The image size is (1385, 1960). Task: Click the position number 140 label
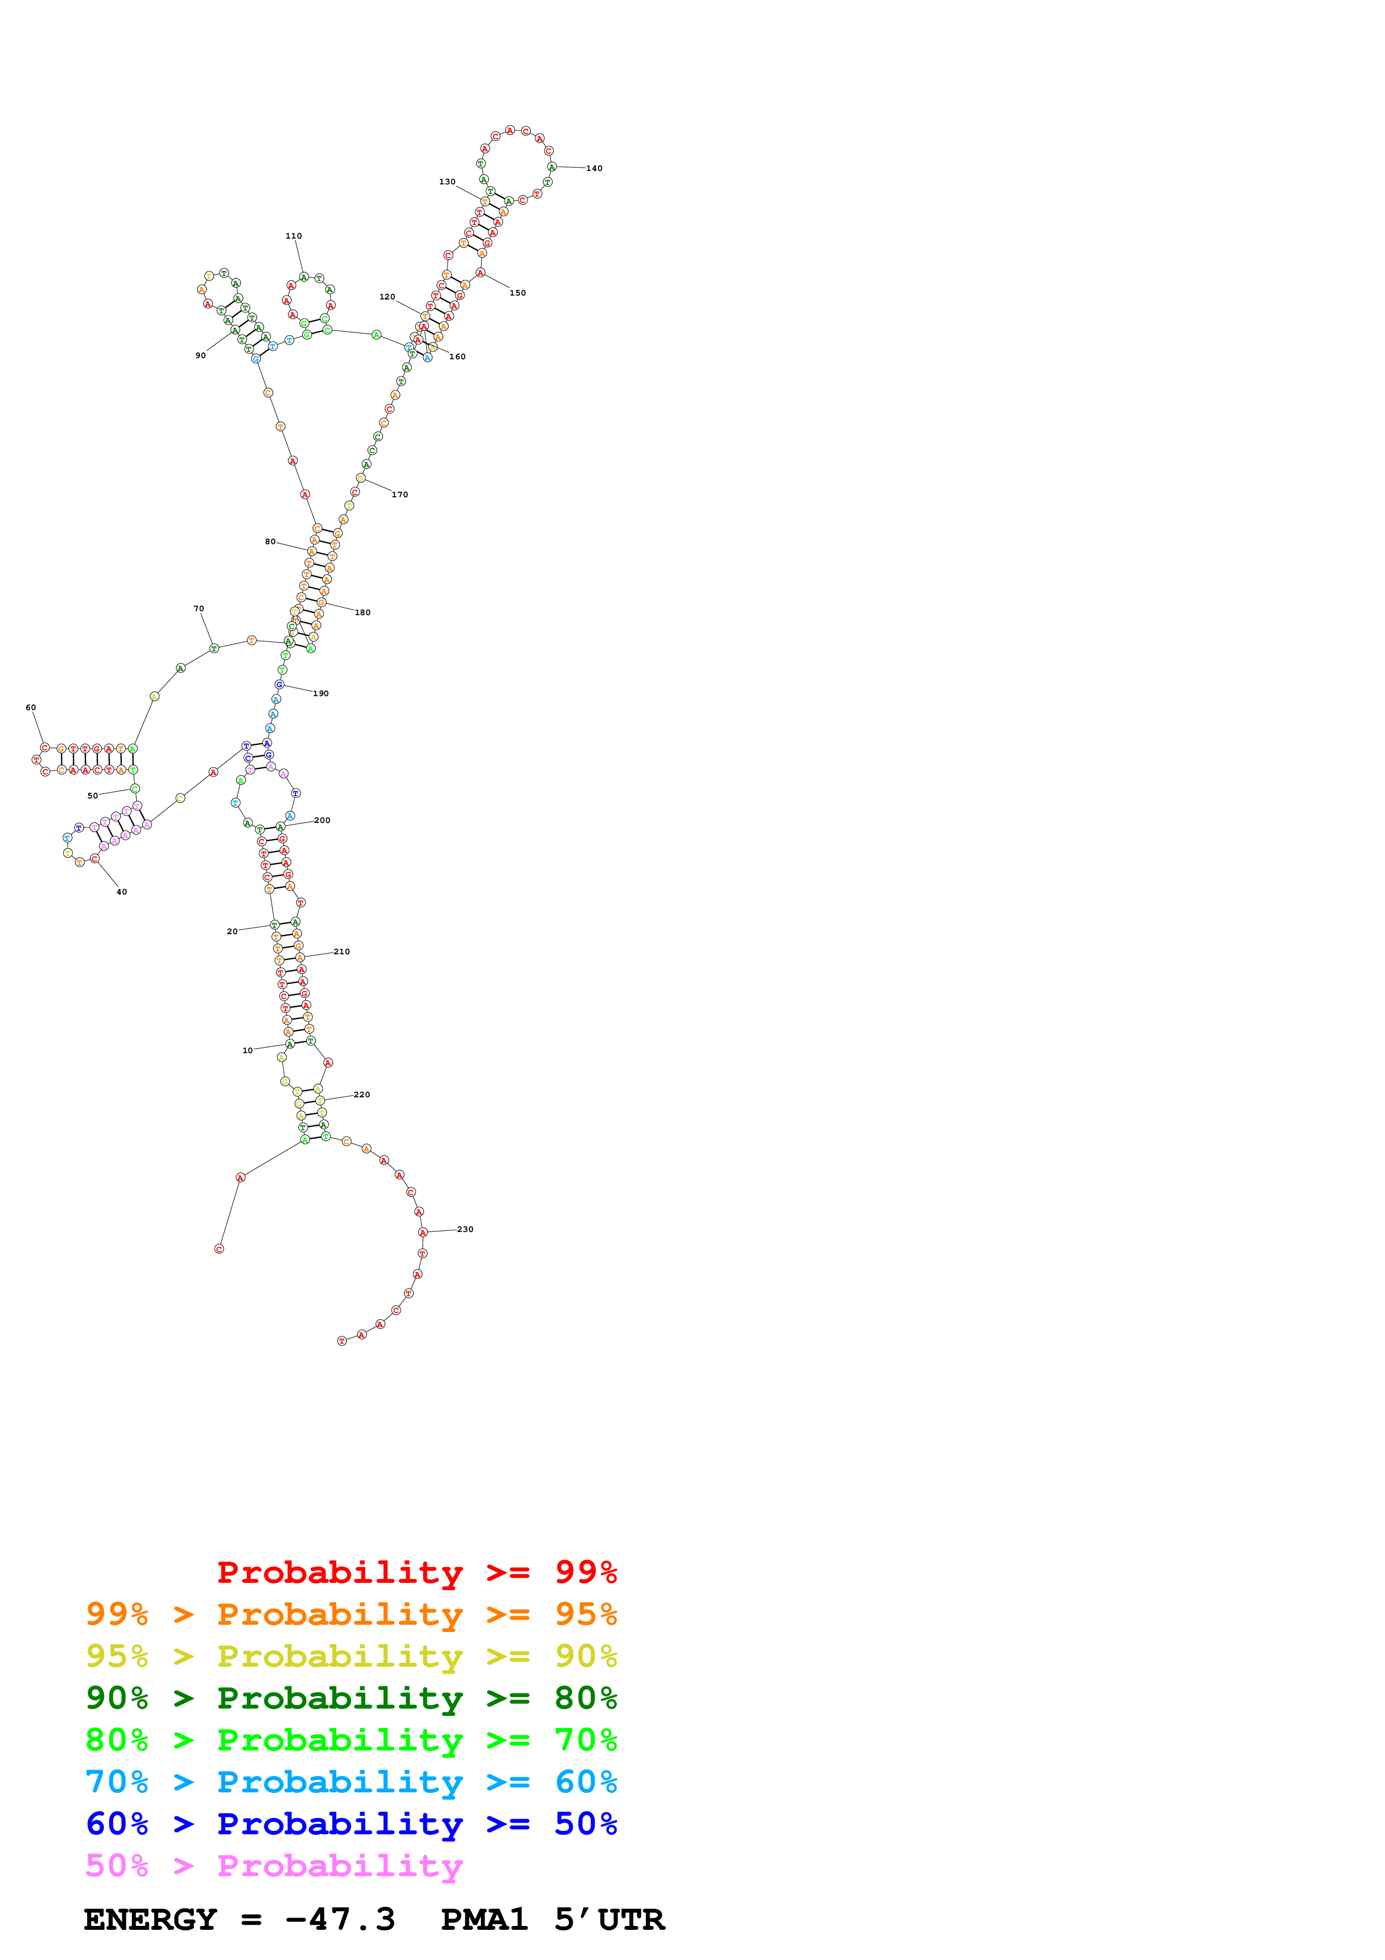coord(594,168)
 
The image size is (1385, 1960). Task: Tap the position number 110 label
coord(293,236)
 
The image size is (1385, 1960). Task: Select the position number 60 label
coord(31,707)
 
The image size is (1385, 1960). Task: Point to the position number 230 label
coord(465,1229)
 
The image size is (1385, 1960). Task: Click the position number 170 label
coord(399,494)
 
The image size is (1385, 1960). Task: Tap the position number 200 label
coord(322,820)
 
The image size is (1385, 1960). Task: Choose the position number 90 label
coord(201,355)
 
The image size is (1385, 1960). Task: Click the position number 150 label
coord(518,293)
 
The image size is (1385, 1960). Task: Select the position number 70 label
coord(199,608)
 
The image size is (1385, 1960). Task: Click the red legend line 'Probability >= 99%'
coord(416,1572)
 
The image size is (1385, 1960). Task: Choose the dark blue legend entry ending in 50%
coord(351,1824)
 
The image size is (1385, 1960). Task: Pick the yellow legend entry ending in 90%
coord(351,1656)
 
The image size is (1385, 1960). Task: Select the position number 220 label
coord(362,1095)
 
